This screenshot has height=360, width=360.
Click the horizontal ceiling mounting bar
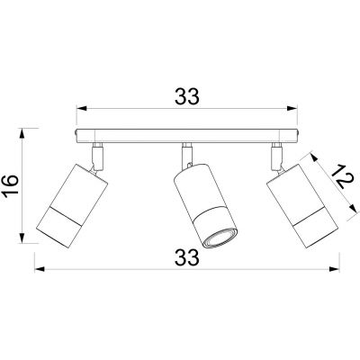186,137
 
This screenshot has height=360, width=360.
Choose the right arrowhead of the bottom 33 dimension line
335,267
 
